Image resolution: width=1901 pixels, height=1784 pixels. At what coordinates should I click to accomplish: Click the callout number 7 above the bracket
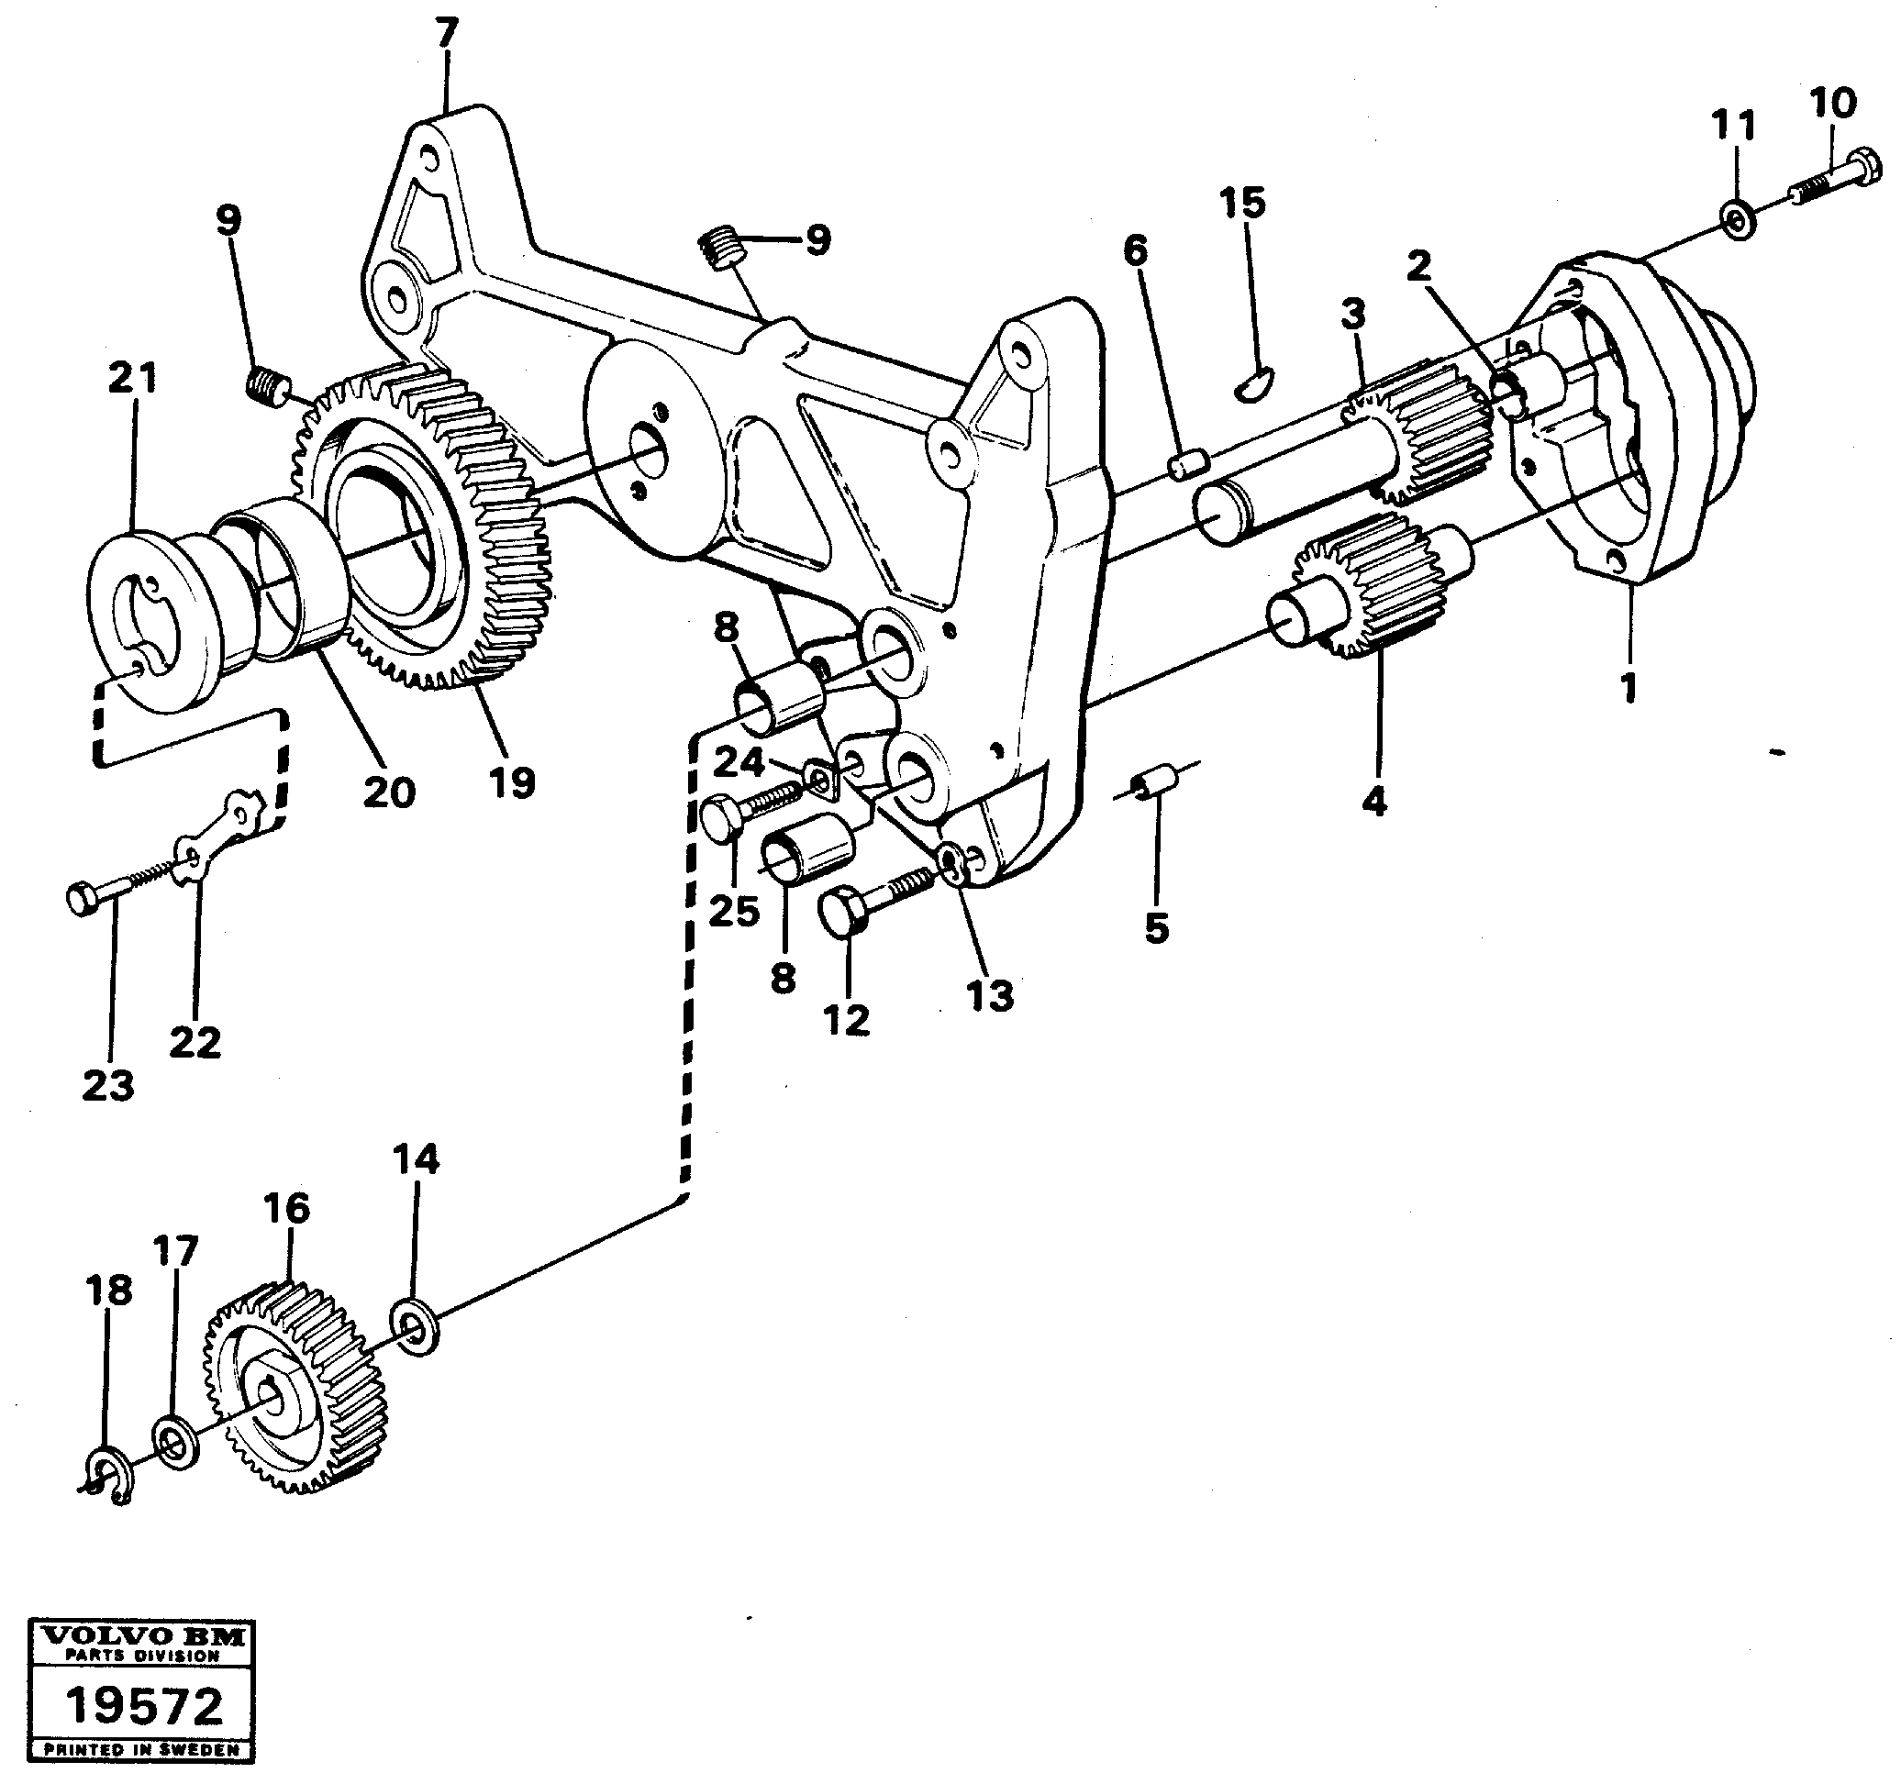pyautogui.click(x=447, y=36)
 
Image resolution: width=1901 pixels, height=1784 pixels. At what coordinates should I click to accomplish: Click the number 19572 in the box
pyautogui.click(x=144, y=1706)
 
